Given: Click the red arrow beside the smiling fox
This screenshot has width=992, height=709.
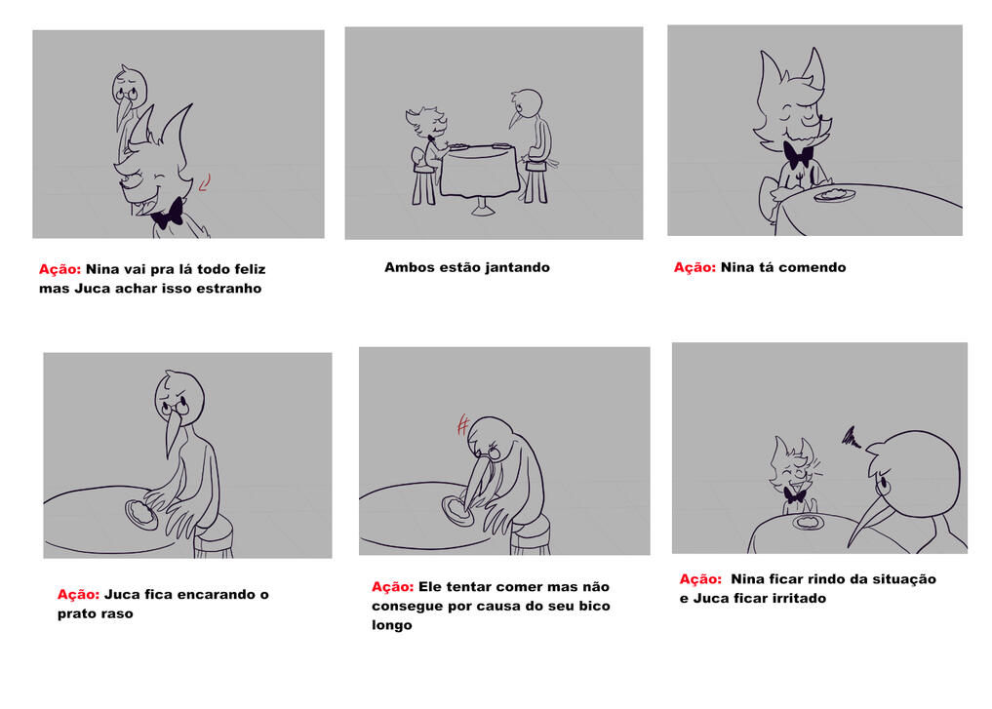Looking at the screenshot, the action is pyautogui.click(x=205, y=182).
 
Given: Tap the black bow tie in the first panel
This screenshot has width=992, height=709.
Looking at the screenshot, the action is pyautogui.click(x=169, y=215).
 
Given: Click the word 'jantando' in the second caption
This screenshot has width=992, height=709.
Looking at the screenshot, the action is pyautogui.click(x=518, y=267).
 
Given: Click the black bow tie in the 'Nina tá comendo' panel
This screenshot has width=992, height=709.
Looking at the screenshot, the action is pyautogui.click(x=799, y=155).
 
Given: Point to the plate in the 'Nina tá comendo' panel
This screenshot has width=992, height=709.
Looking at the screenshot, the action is pyautogui.click(x=834, y=194).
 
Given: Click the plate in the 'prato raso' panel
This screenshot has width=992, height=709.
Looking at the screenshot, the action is pyautogui.click(x=141, y=514).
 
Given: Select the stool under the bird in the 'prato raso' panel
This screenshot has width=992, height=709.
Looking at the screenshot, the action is pyautogui.click(x=215, y=536).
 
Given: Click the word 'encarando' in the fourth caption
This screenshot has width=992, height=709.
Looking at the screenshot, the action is pyautogui.click(x=208, y=595).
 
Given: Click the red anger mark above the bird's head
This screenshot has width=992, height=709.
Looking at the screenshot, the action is pyautogui.click(x=463, y=424).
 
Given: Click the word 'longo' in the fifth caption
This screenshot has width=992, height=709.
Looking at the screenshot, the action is pyautogui.click(x=391, y=625).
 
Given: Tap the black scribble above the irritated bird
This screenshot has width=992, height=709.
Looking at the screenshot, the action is pyautogui.click(x=852, y=436).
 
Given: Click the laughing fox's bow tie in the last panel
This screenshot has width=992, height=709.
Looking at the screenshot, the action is pyautogui.click(x=795, y=495).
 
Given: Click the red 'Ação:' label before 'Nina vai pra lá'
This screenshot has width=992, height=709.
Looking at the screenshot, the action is pyautogui.click(x=60, y=269).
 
